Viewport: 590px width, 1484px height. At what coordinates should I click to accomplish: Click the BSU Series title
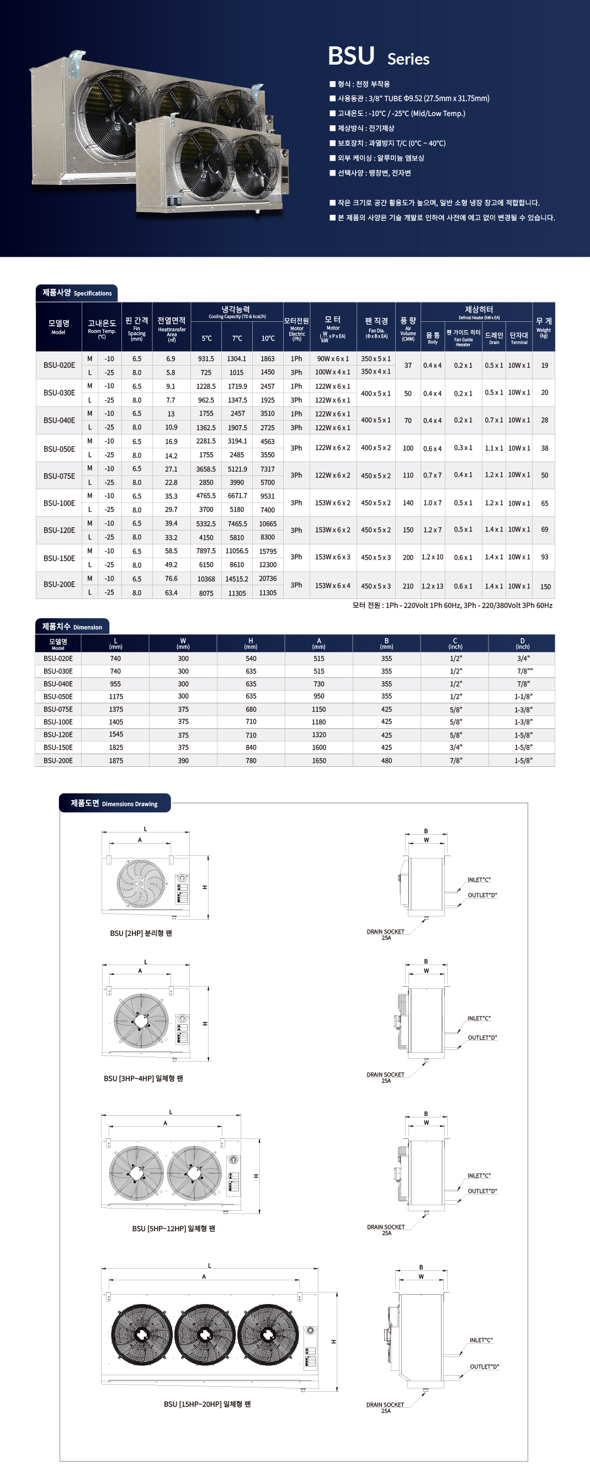click(x=378, y=57)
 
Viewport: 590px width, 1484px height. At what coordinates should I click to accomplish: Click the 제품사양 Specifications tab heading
click(x=77, y=293)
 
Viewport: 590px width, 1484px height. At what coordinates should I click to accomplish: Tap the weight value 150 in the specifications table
click(x=545, y=586)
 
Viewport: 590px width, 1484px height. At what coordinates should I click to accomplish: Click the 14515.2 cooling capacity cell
click(x=237, y=579)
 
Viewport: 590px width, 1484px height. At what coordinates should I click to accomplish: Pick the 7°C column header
click(x=237, y=338)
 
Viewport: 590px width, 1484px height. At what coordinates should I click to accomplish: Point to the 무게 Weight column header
click(x=543, y=326)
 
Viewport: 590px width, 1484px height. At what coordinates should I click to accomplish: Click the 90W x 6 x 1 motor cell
click(x=332, y=358)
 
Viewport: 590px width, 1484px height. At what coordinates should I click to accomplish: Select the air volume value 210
click(x=408, y=586)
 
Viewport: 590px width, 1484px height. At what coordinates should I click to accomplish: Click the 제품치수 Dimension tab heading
click(x=72, y=627)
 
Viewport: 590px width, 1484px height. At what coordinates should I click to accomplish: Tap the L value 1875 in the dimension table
click(x=115, y=760)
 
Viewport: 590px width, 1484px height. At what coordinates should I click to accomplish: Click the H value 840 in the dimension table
click(x=251, y=747)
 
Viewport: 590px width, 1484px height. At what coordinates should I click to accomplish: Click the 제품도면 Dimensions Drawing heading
click(x=114, y=804)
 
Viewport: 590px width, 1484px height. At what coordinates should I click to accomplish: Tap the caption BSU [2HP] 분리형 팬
click(x=141, y=933)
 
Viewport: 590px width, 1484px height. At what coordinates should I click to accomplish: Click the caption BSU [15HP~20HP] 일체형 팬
click(x=207, y=1404)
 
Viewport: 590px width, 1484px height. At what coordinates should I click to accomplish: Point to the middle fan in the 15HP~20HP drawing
click(x=205, y=1335)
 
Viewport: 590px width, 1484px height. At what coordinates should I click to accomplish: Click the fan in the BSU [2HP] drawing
click(x=141, y=883)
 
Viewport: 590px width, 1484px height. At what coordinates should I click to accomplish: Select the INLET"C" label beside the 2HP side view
click(x=479, y=879)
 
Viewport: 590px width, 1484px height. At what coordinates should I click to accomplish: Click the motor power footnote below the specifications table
click(x=452, y=606)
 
